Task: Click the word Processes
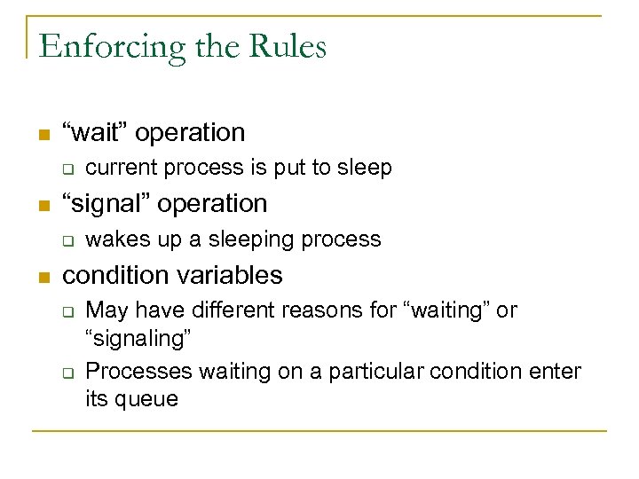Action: click(139, 370)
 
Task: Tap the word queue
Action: click(147, 400)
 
